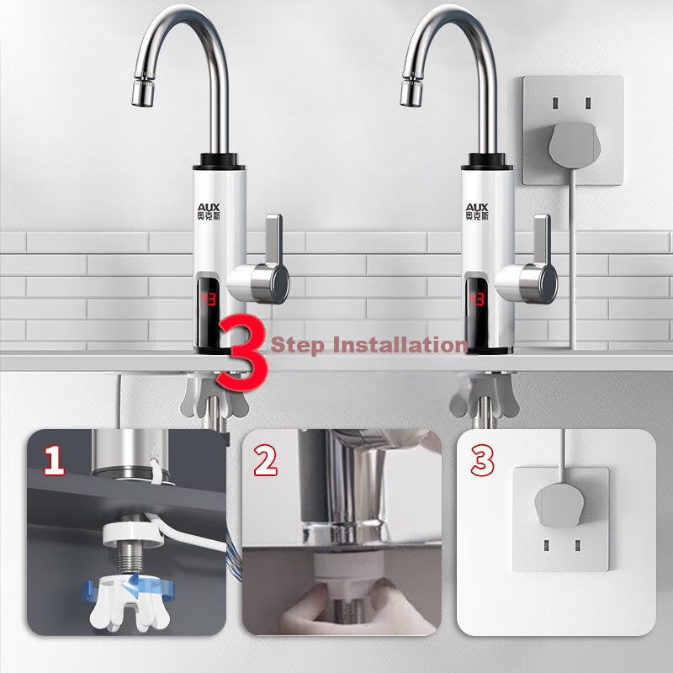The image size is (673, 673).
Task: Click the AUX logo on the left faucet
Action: pyautogui.click(x=209, y=212)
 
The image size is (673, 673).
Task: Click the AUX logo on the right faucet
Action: pyautogui.click(x=477, y=212)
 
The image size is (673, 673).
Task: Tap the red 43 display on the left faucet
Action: pyautogui.click(x=209, y=299)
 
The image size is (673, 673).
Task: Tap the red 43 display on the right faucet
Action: pyautogui.click(x=477, y=299)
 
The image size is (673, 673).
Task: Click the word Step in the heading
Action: pyautogui.click(x=297, y=345)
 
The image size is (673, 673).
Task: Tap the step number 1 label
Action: pyautogui.click(x=55, y=460)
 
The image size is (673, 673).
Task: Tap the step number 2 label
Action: pyautogui.click(x=265, y=460)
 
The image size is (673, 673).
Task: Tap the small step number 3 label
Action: pyautogui.click(x=482, y=460)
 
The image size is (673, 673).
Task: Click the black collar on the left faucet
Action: pyautogui.click(x=219, y=162)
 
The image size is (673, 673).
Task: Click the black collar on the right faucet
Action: pyautogui.click(x=487, y=162)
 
